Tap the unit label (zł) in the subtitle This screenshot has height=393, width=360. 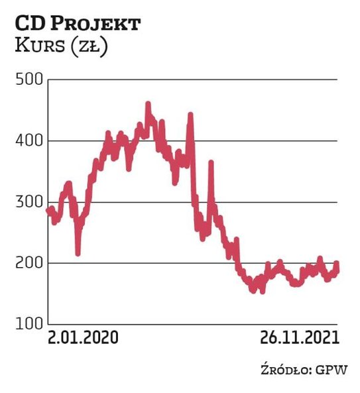92,48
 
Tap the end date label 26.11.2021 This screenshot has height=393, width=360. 297,337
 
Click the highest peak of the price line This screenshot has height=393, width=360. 148,104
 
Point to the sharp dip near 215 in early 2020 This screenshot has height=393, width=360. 78,253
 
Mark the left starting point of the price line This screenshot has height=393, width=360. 48,211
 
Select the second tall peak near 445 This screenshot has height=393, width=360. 190,115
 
